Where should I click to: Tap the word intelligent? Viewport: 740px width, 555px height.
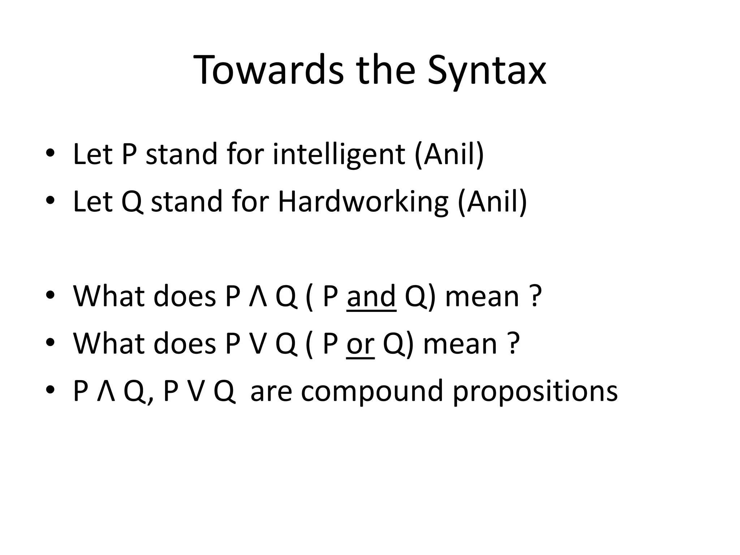[339, 155]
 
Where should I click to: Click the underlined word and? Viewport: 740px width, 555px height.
[371, 296]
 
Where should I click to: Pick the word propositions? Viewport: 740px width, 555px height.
[535, 392]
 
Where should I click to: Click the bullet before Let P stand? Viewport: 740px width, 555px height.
[50, 153]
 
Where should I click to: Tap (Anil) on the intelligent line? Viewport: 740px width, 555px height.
[449, 155]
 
